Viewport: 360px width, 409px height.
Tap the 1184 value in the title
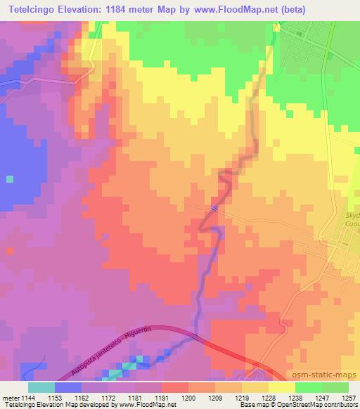131,9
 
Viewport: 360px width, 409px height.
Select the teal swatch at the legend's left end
41,387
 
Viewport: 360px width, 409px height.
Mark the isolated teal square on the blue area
9,178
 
